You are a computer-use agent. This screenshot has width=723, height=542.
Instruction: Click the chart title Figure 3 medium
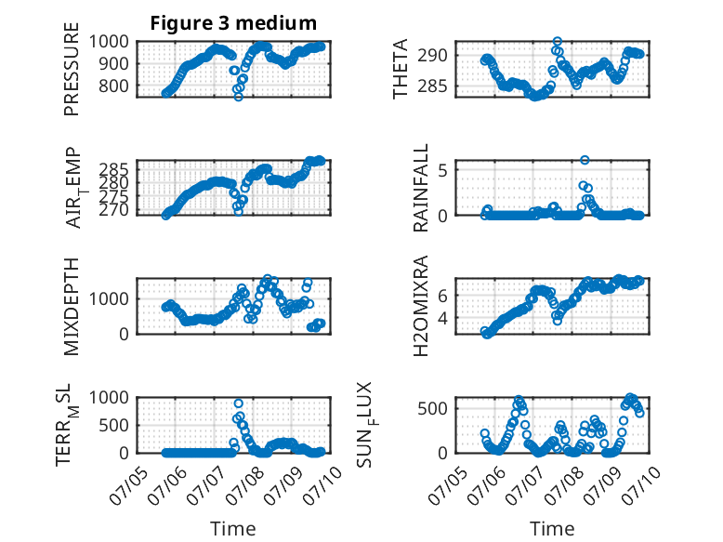[x=233, y=23]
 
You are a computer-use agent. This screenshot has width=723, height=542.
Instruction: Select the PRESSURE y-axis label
[x=72, y=69]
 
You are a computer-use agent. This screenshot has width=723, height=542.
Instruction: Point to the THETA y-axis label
[x=401, y=69]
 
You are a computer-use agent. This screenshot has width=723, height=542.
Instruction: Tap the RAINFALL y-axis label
[x=421, y=188]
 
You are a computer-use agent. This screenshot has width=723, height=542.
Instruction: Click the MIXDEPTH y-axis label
[x=72, y=306]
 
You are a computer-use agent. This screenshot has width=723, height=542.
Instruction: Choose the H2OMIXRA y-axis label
[x=421, y=306]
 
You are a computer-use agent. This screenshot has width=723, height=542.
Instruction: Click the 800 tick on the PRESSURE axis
[x=113, y=86]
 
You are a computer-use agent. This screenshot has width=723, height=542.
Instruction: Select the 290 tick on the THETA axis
[x=432, y=56]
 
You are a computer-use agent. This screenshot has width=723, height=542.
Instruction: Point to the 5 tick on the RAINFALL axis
[x=442, y=170]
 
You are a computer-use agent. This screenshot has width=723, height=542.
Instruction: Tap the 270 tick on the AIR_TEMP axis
[x=113, y=210]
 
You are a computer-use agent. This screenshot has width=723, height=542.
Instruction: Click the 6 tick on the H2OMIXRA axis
[x=442, y=296]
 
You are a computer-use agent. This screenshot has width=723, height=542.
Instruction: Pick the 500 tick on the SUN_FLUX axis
[x=432, y=408]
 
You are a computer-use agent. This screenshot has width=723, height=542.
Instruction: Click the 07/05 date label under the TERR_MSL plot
[x=129, y=485]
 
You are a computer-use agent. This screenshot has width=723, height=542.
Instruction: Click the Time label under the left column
[x=233, y=529]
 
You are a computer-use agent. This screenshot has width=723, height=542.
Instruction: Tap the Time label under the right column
[x=552, y=529]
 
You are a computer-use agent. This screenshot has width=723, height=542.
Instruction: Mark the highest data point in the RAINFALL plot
[x=585, y=160]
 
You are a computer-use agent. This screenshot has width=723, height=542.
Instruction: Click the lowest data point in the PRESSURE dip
[x=239, y=97]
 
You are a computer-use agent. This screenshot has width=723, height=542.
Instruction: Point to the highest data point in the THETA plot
[x=558, y=42]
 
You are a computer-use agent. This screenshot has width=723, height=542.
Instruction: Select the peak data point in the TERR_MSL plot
[x=239, y=403]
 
